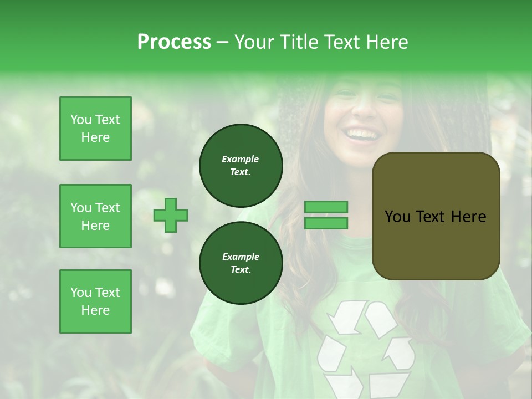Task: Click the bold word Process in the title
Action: [x=174, y=42]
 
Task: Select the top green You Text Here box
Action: [x=95, y=129]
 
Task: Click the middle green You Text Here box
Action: [x=95, y=216]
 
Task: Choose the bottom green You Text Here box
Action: [x=95, y=301]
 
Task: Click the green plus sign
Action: [x=171, y=215]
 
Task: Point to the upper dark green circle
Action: [x=241, y=166]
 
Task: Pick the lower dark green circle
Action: [x=241, y=263]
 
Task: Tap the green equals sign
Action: [x=326, y=215]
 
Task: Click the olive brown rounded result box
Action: [x=436, y=216]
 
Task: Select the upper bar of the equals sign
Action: [x=326, y=207]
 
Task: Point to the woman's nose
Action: [x=363, y=108]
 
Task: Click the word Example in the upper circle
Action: [x=241, y=159]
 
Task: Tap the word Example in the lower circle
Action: [x=241, y=257]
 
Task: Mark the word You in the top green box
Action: [x=80, y=120]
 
